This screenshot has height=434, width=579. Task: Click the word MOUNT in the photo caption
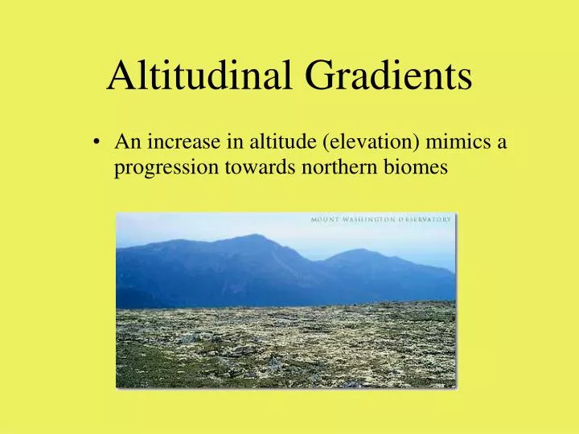(x=327, y=219)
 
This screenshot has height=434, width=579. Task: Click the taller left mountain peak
(x=256, y=236)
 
